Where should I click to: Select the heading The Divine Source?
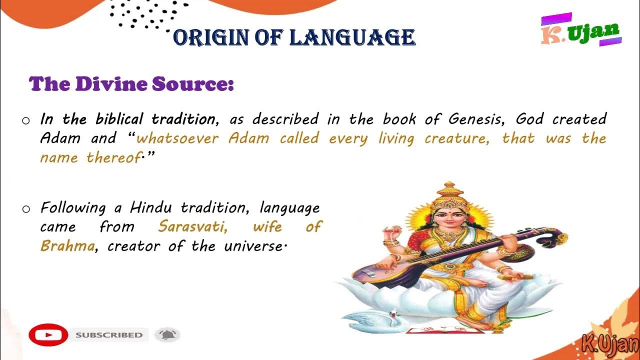pos(131,83)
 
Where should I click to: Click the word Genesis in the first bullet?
pos(477,119)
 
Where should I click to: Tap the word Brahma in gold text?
pos(67,246)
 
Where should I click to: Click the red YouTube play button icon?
pos(48,334)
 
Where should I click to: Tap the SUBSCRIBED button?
pos(109,335)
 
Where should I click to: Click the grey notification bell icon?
pos(167,334)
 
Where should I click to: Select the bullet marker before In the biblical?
pos(26,120)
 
